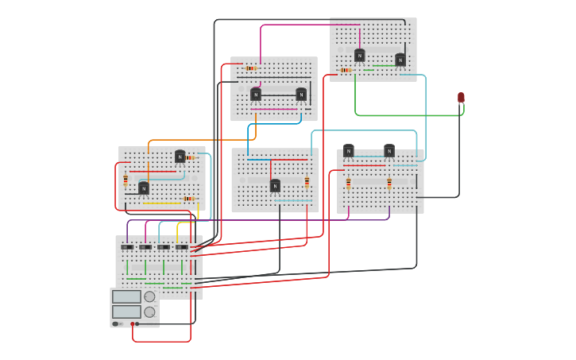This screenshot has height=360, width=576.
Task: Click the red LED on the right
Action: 461,98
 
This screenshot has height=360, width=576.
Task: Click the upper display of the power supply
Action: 126,296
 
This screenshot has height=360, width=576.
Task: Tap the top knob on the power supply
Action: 149,296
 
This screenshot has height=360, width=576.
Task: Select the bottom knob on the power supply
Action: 149,312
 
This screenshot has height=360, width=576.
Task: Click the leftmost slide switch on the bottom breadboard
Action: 127,247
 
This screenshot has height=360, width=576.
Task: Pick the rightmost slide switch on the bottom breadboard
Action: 182,247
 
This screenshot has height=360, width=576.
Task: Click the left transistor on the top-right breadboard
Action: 360,56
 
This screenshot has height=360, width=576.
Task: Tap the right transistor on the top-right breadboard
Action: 400,60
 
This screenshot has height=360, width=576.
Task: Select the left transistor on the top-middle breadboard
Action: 256,95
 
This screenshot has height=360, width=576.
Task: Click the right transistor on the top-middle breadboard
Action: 301,95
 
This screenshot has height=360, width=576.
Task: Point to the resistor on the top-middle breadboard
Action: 251,68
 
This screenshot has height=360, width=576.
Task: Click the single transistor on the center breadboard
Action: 275,186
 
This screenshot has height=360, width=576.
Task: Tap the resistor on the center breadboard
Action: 307,182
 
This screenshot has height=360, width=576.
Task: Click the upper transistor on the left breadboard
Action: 180,157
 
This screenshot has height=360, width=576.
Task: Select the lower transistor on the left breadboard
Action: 144,188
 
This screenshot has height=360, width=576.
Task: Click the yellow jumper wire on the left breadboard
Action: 162,203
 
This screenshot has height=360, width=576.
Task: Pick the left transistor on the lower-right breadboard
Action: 348,151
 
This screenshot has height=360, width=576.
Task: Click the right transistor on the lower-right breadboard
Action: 389,151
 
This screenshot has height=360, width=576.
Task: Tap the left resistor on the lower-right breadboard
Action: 348,184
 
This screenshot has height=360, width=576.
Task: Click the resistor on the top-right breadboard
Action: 346,70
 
